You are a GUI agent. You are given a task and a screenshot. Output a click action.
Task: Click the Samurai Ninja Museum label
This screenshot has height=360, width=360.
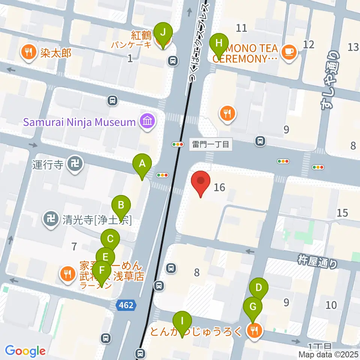(79, 122)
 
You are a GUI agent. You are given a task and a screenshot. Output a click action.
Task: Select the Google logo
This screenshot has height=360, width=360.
(25, 351)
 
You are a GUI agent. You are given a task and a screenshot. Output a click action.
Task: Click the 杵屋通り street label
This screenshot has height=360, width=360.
(318, 261)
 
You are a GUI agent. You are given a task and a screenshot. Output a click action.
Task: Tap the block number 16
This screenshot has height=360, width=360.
(219, 187)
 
